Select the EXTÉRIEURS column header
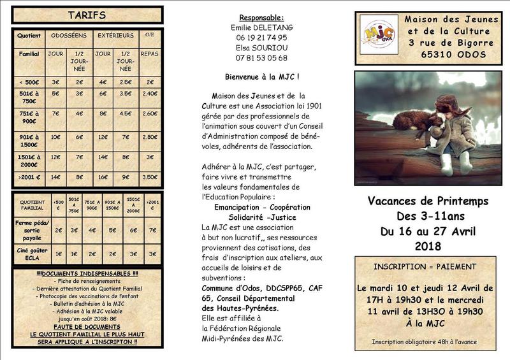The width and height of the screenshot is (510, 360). (115, 36)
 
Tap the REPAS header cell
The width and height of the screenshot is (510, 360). (150, 54)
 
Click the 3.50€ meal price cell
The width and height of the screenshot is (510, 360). (150, 178)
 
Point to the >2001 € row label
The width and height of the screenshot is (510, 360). (29, 178)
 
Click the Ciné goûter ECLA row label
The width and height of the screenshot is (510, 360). (29, 253)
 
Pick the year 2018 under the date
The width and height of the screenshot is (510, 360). (428, 245)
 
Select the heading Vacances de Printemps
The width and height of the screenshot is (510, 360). (428, 201)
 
